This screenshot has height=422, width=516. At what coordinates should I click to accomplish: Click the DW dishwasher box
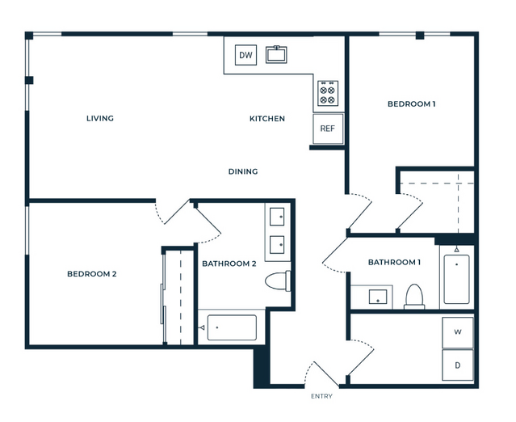245,55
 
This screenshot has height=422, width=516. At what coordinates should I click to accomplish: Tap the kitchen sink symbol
276,54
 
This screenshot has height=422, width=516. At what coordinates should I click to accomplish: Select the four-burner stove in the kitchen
328,94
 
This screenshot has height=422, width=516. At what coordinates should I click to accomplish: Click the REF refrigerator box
328,129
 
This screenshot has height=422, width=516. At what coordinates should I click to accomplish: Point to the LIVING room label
100,118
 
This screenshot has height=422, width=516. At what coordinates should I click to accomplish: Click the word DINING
243,171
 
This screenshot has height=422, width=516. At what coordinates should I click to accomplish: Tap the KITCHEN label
267,119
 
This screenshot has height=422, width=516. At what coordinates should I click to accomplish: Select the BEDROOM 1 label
411,104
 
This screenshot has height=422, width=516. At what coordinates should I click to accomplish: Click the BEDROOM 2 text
92,274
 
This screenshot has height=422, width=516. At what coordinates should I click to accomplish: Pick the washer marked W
457,332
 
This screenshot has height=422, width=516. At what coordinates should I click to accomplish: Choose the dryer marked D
457,365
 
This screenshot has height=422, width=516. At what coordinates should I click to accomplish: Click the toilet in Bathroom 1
414,297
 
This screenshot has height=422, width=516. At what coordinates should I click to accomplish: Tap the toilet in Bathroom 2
278,281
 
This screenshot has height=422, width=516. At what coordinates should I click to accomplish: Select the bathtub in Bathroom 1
456,279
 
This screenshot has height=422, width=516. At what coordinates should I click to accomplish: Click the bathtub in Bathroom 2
232,327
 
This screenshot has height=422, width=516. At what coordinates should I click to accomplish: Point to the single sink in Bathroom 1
378,297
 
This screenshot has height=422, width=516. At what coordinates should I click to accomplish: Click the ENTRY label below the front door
321,396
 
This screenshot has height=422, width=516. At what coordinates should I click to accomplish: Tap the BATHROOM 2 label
229,264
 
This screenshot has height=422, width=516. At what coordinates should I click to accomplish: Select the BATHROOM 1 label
394,263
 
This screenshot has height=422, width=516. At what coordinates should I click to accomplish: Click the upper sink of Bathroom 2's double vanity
277,217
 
